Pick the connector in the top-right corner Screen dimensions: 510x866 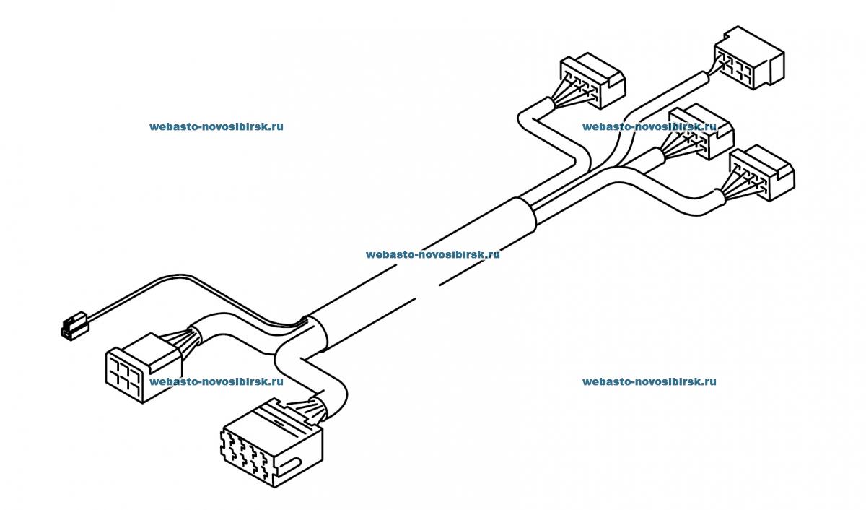tap(748, 59)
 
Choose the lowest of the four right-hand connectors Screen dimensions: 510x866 tap(761, 174)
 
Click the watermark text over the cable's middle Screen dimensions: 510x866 tap(432, 254)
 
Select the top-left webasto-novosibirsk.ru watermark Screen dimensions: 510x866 tap(216, 126)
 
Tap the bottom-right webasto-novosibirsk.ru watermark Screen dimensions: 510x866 tap(649, 382)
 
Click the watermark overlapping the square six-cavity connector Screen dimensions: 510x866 tap(216, 382)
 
